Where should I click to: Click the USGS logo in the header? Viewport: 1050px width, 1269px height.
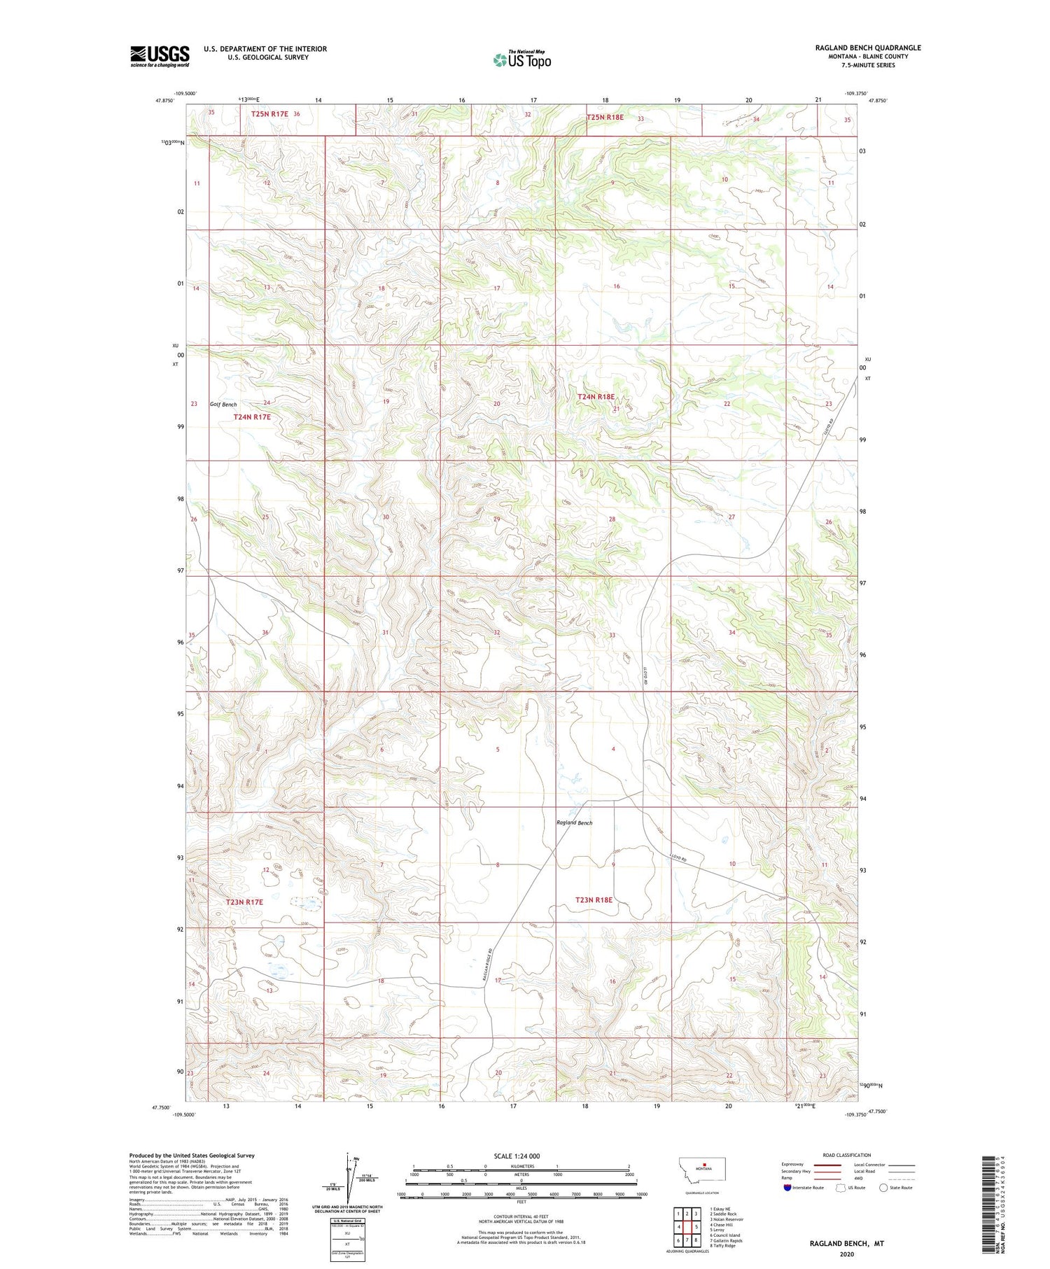pos(160,56)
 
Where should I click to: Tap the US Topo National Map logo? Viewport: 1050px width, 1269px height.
pos(521,60)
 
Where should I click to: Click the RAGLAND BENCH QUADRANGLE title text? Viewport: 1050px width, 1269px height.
pos(867,48)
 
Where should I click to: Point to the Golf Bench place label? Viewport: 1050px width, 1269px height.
pos(223,405)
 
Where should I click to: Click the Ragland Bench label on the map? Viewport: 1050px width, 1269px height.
pos(574,822)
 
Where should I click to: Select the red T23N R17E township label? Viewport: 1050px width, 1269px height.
pos(244,902)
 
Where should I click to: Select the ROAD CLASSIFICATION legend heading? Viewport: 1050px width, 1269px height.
pos(847,1155)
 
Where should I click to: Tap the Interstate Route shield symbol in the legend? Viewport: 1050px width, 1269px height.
pos(787,1187)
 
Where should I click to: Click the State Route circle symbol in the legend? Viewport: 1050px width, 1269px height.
pos(883,1187)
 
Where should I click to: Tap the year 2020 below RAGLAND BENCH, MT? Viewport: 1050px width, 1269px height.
pos(847,1254)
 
